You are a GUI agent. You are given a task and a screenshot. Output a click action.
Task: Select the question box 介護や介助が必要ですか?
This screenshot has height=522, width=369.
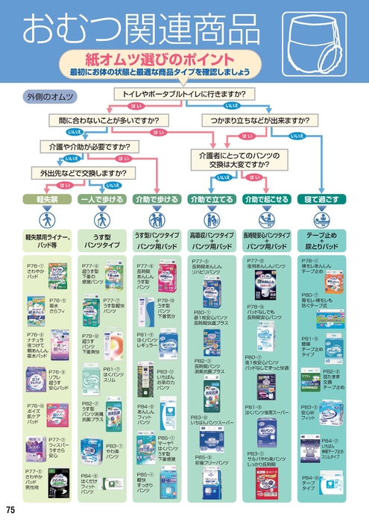(89, 146)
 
